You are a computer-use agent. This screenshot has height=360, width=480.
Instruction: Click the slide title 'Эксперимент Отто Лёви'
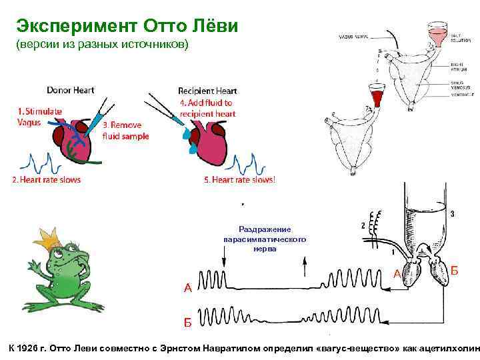[126, 27]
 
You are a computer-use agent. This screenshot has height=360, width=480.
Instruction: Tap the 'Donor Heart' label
[70, 90]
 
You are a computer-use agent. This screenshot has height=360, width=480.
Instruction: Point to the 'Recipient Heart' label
[207, 91]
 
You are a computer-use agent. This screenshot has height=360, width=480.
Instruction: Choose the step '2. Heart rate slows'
[46, 180]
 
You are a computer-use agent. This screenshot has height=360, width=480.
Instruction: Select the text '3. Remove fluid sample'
[125, 130]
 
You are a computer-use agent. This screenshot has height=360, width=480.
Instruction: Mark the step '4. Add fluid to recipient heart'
[207, 108]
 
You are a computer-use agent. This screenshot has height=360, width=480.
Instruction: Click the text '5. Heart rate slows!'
[239, 180]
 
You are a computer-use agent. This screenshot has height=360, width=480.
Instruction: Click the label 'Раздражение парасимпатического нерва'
[265, 239]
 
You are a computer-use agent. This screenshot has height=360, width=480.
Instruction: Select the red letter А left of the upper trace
[188, 288]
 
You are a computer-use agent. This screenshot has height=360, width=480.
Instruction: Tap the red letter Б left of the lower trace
[188, 323]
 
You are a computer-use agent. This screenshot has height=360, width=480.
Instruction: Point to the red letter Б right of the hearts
[455, 270]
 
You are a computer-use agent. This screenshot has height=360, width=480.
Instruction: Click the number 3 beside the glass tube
[453, 214]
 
